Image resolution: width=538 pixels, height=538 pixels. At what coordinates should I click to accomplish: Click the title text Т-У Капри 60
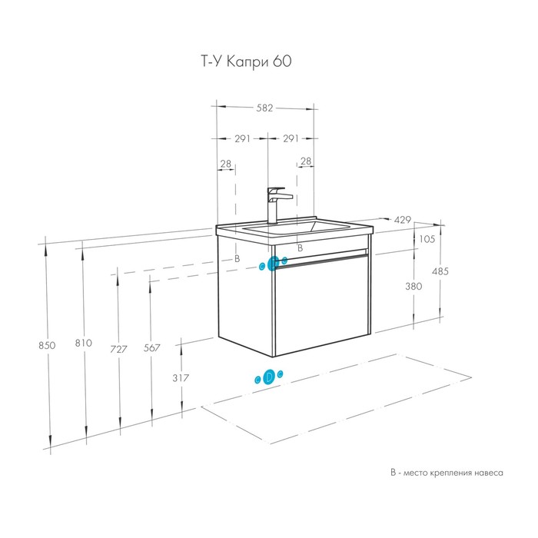(246, 61)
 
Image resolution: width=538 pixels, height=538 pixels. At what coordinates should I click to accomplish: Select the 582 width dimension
(265, 108)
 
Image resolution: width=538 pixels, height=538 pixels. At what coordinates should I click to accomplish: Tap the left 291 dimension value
(242, 138)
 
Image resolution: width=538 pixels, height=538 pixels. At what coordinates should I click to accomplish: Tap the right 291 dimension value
(291, 138)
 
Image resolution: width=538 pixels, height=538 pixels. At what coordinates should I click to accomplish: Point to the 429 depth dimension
(402, 220)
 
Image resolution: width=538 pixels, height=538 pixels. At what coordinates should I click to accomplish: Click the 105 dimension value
(427, 239)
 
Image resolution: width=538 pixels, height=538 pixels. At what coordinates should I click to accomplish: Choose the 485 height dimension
(440, 271)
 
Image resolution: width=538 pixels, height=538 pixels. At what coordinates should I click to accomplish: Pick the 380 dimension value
(413, 286)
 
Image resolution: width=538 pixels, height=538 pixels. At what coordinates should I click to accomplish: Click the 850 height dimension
(47, 345)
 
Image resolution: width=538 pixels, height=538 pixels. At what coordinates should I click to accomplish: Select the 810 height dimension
(83, 343)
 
